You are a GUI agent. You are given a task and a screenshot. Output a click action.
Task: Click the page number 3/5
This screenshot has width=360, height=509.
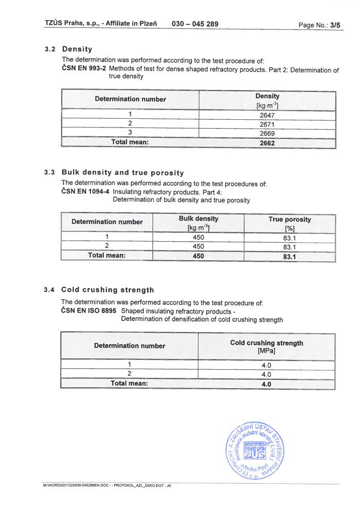pyautogui.click(x=335, y=25)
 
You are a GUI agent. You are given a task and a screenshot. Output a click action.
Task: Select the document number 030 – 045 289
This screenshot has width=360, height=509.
pyautogui.click(x=195, y=24)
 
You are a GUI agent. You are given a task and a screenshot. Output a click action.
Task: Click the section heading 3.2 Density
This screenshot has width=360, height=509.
pyautogui.click(x=68, y=49)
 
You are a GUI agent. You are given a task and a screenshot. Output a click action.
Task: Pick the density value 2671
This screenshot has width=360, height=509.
pyautogui.click(x=267, y=124)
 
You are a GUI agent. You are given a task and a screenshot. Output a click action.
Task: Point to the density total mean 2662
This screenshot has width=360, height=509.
pyautogui.click(x=267, y=143)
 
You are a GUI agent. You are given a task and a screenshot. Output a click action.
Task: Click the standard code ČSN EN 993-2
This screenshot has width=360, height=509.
pyautogui.click(x=84, y=68)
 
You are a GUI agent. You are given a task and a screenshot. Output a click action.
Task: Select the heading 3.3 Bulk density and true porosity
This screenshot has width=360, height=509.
pyautogui.click(x=115, y=173)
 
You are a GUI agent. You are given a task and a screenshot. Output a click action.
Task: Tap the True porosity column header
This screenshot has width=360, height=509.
pyautogui.click(x=290, y=220)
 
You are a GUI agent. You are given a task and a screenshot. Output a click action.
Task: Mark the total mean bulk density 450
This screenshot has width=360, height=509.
pyautogui.click(x=199, y=256)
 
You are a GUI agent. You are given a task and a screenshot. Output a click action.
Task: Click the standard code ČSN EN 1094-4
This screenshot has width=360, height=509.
pyautogui.click(x=85, y=192)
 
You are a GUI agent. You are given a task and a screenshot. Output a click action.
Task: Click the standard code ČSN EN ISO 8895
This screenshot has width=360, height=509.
pyautogui.click(x=89, y=311)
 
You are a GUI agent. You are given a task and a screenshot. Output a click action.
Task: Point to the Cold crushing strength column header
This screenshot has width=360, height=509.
pyautogui.click(x=266, y=343)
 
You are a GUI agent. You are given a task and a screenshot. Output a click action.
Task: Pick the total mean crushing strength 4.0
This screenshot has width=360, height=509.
pyautogui.click(x=266, y=384)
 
